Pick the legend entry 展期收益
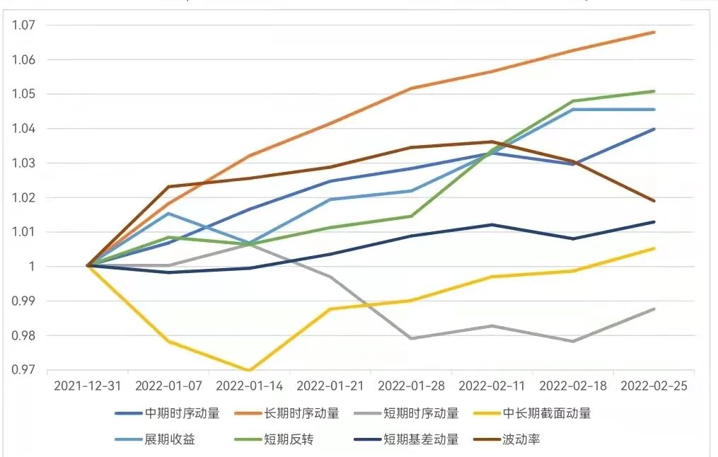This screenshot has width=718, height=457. [170, 439]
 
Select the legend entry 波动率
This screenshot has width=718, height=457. [521, 439]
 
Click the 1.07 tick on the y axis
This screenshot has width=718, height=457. [25, 25]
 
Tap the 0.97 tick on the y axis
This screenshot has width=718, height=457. [25, 370]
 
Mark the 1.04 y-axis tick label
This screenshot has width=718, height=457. [25, 129]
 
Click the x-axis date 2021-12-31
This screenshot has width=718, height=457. [88, 386]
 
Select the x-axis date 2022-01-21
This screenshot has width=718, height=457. [330, 386]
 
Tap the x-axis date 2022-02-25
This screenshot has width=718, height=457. [654, 386]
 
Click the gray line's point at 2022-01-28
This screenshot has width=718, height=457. [412, 338]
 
